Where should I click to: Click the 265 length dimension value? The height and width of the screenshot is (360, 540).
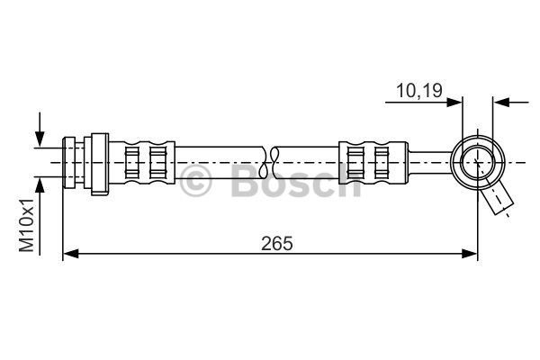coord(277,244)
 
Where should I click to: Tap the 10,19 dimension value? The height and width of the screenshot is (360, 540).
coord(419,91)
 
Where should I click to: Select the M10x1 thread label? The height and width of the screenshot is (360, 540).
coord(26,225)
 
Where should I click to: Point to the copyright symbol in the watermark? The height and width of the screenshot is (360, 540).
coord(195,181)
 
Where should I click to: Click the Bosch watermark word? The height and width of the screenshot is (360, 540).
coord(296,180)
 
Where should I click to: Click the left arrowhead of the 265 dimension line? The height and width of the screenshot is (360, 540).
coord(71,254)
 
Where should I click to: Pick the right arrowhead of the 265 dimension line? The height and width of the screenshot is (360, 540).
coord(470,254)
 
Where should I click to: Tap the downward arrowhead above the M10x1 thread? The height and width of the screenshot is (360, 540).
coord(40,139)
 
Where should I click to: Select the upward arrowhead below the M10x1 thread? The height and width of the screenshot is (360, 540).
coord(40,185)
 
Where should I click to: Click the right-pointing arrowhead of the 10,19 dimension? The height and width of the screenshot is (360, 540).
coord(454,103)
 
